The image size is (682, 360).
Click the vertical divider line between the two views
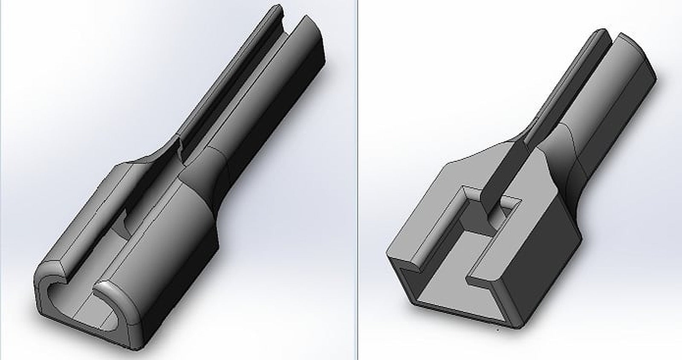tap(356, 179)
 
